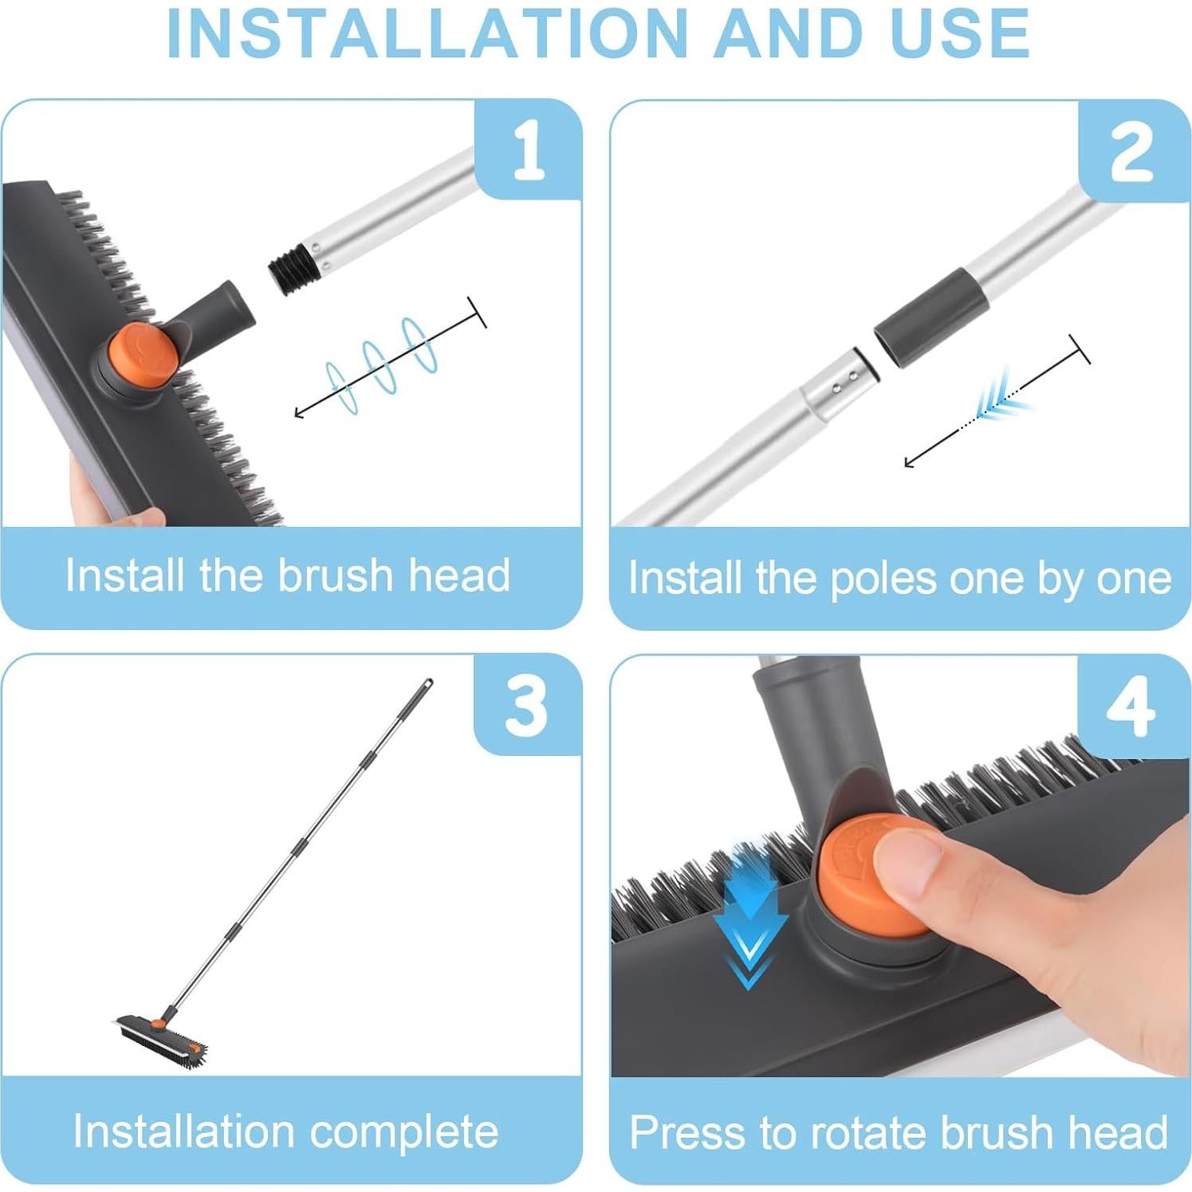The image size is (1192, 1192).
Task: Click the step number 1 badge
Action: [x=529, y=149]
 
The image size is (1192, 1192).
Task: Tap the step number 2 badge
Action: [x=1132, y=151]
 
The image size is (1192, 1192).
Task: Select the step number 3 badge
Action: [x=527, y=705]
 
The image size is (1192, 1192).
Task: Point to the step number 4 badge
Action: [x=1131, y=706]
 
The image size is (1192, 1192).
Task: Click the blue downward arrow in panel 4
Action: [x=749, y=917]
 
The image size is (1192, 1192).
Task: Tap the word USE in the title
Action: [x=959, y=33]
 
